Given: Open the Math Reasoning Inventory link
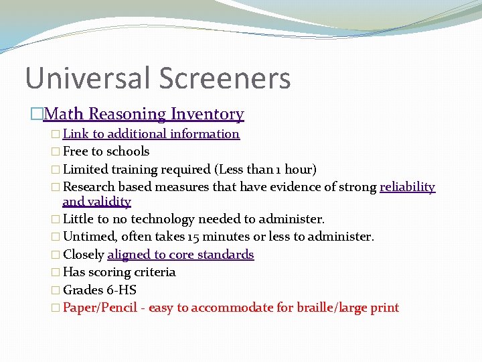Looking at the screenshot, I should coord(143,115).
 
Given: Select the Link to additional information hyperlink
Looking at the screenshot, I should coord(151,134).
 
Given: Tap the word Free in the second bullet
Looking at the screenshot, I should coord(76,152).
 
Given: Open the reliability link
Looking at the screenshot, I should coord(407,187).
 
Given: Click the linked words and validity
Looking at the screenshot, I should coord(96,202).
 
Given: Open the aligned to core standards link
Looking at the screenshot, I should coord(180,255).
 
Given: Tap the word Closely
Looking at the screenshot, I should coord(83,255).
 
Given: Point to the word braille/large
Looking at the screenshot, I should coord(339,308).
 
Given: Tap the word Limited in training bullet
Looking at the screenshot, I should coord(86,170).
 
